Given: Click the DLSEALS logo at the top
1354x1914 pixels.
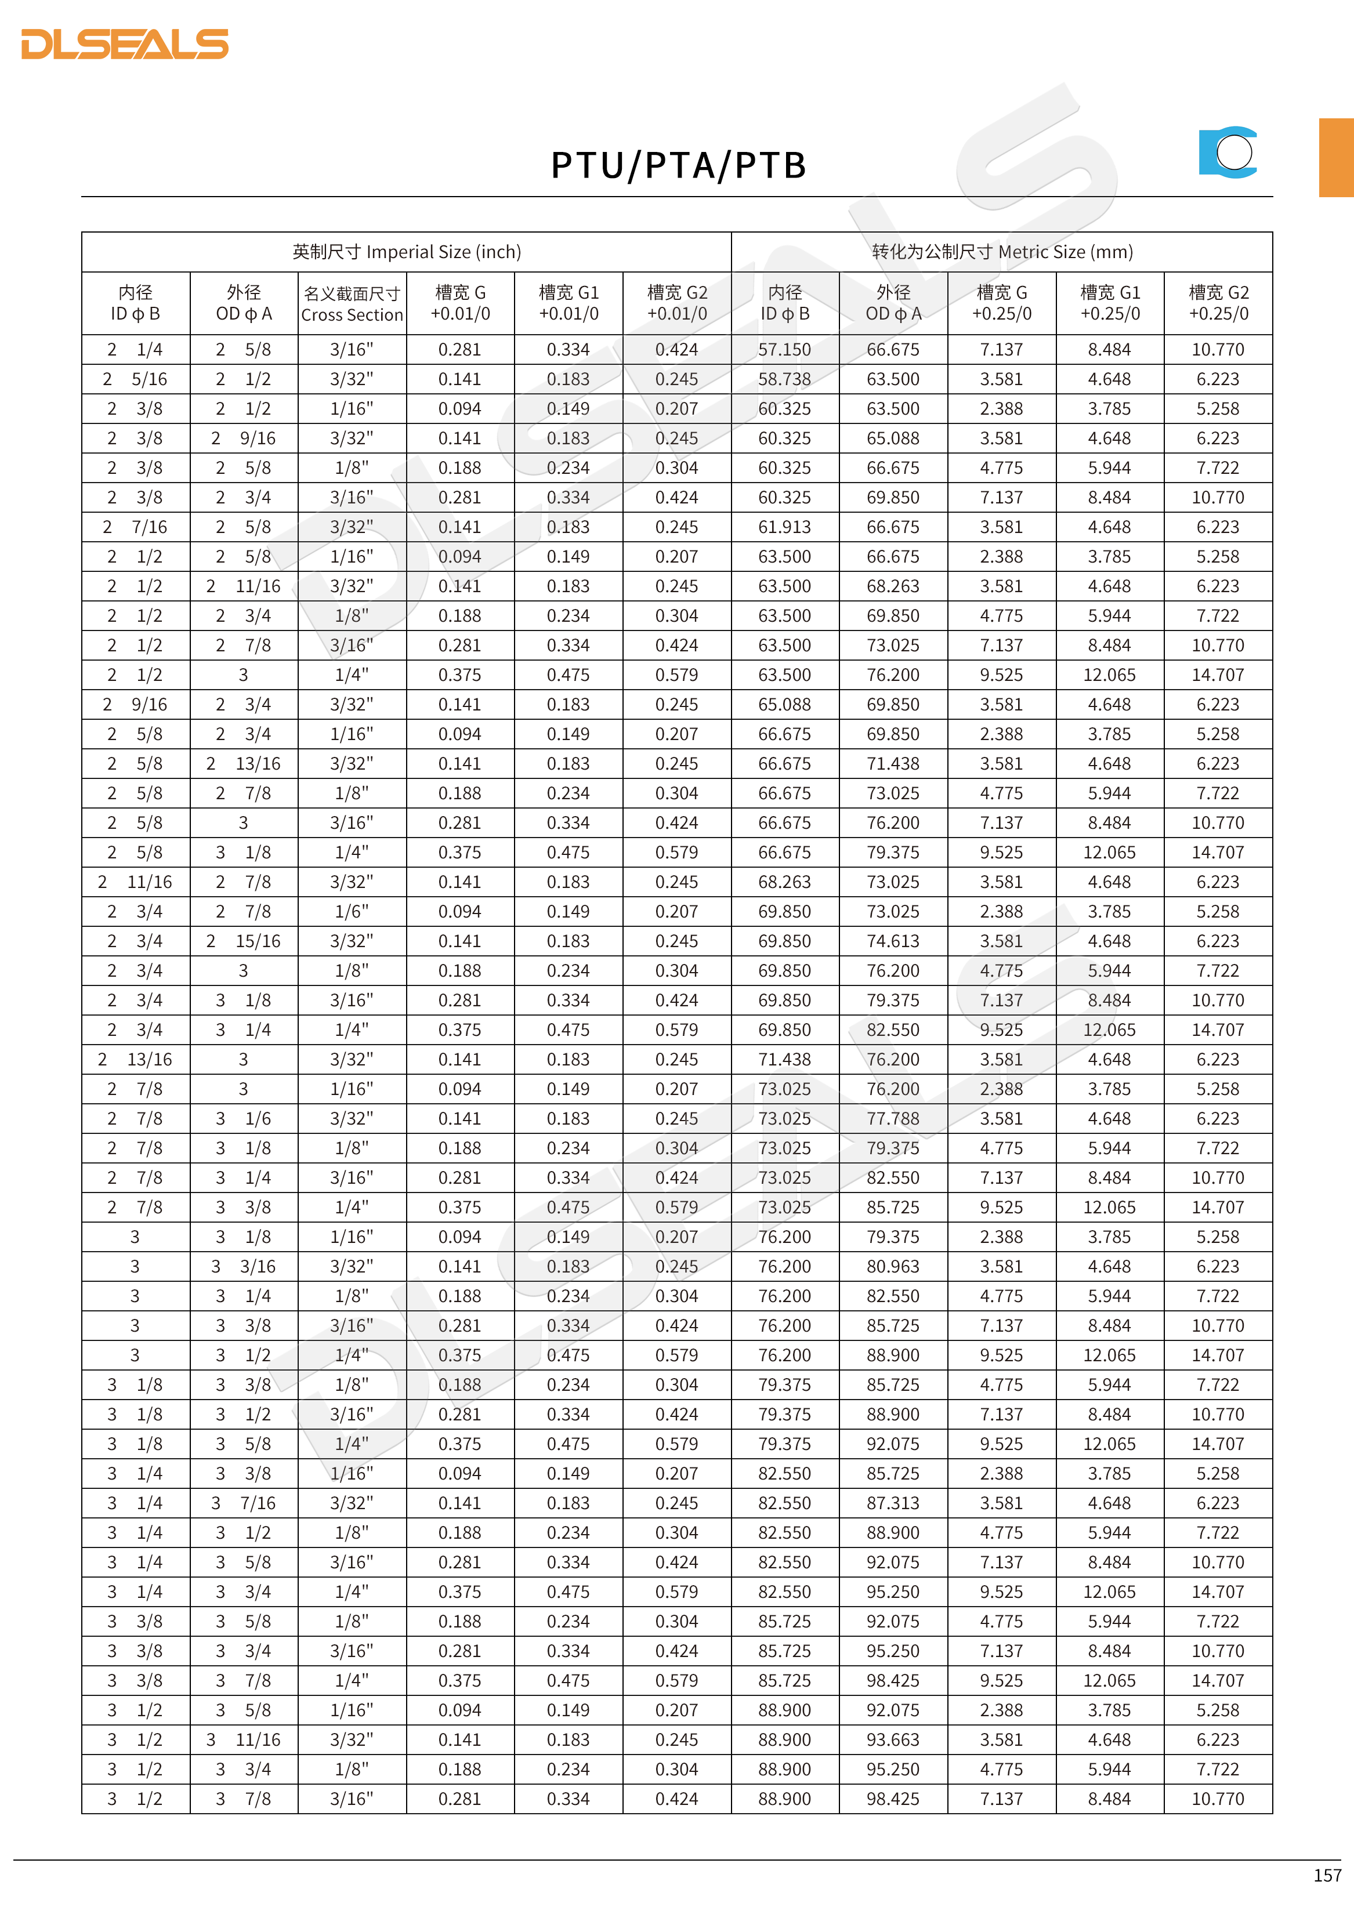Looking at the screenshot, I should (x=125, y=44).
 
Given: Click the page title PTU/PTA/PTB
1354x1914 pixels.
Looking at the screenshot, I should (x=678, y=165).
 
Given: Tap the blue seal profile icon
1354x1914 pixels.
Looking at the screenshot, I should (x=1228, y=152).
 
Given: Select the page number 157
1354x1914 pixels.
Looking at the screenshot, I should (x=1327, y=1875).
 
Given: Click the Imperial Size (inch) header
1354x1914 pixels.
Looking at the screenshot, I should (x=406, y=252).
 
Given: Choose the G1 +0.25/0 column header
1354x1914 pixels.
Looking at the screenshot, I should (x=1110, y=303).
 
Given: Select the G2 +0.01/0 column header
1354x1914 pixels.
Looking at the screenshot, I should (x=677, y=303).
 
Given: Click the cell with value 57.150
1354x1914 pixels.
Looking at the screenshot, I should (x=784, y=349).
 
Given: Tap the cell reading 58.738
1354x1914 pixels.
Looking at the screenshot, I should (x=784, y=379).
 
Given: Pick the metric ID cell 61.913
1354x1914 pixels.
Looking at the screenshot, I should (x=784, y=527).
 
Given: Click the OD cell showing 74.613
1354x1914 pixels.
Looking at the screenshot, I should (x=893, y=941).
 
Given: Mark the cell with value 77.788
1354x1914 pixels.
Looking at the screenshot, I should (x=893, y=1119).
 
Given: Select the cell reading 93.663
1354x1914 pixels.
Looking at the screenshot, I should (x=893, y=1740).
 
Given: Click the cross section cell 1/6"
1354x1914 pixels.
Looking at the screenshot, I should (x=352, y=911).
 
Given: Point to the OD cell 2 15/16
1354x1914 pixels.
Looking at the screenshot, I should (x=244, y=941).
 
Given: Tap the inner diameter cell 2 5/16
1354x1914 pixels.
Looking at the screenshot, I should (x=135, y=379).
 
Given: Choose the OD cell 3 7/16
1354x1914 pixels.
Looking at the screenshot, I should (x=244, y=1503).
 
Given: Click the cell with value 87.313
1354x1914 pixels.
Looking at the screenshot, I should (x=893, y=1503).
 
